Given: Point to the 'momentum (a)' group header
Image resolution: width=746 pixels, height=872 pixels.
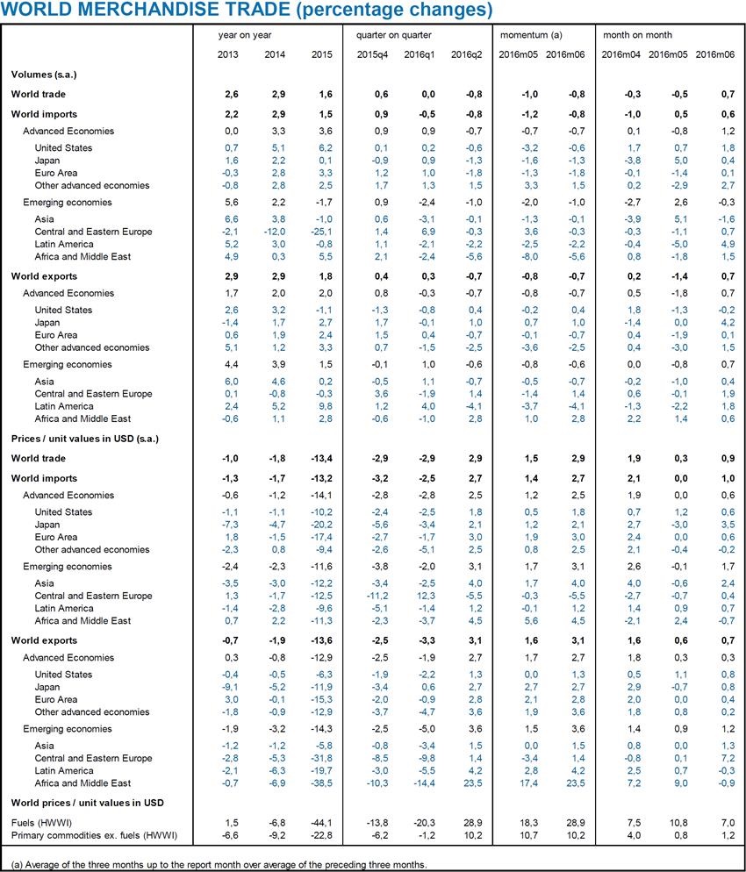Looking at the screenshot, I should pos(531,35).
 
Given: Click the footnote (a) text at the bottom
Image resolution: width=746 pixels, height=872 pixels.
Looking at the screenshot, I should pos(219,864).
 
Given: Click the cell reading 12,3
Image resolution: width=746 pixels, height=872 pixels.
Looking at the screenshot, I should pos(415,596).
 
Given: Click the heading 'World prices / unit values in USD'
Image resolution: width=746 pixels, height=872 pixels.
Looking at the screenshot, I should pos(88,803).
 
